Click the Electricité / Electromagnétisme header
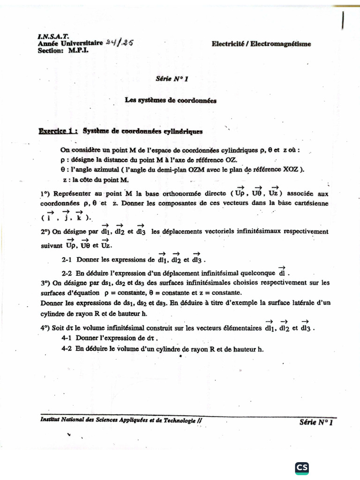[x=261, y=44]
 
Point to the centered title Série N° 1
[x=172, y=79]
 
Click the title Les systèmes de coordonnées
[x=171, y=100]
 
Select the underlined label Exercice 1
[x=58, y=132]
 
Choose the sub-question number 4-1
[x=67, y=338]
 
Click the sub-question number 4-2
[x=67, y=349]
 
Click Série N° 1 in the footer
[x=315, y=422]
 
